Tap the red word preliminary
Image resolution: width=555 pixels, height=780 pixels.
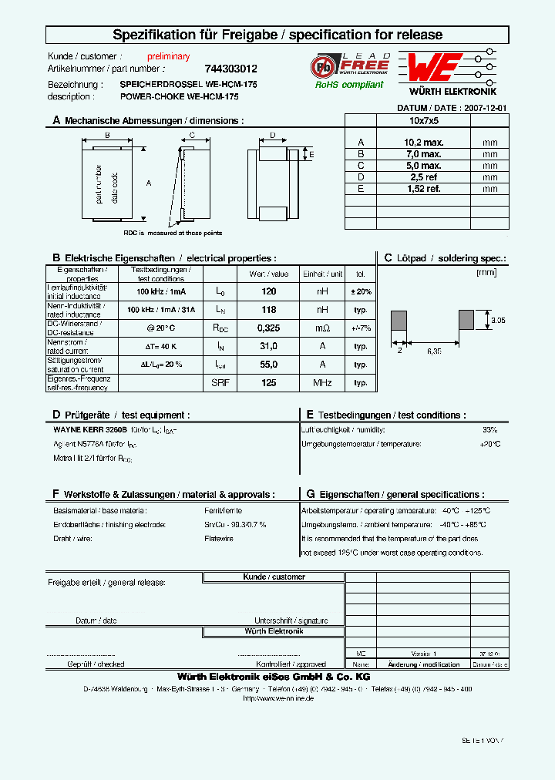[168, 57]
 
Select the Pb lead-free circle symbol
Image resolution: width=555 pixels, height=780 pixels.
[322, 66]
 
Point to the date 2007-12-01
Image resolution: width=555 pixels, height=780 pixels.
[485, 109]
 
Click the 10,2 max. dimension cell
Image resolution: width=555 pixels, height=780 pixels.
[422, 143]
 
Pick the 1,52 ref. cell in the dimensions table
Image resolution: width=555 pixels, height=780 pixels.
[422, 189]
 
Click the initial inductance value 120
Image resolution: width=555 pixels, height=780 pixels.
[268, 291]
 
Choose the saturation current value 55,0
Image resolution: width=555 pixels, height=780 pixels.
[268, 364]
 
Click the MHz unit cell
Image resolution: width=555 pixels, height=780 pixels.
[322, 383]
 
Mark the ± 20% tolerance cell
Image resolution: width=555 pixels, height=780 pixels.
[360, 291]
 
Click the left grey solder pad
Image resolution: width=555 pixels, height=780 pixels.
[399, 319]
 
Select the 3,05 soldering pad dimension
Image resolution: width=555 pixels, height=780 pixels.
[497, 319]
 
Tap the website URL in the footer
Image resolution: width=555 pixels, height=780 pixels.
[277, 698]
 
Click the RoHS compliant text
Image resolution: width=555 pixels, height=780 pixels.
[348, 85]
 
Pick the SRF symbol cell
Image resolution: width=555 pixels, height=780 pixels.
[220, 383]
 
